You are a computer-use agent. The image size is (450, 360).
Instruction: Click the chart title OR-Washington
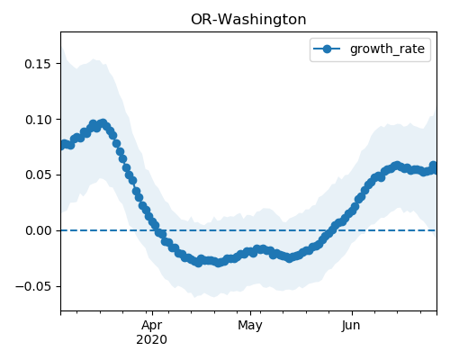[248, 20]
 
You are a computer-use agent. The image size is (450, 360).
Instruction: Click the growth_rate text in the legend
[387, 49]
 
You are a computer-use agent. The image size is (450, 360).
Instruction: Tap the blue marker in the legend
[327, 49]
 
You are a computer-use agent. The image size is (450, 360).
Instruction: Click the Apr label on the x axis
[152, 325]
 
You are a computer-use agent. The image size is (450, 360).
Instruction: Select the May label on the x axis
[250, 325]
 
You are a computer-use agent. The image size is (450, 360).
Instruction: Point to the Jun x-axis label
[351, 325]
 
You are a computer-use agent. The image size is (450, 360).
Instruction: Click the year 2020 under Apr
[152, 339]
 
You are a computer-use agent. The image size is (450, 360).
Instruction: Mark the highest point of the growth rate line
[103, 123]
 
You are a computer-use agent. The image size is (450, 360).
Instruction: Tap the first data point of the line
[62, 146]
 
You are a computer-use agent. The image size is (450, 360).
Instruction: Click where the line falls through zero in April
[157, 230]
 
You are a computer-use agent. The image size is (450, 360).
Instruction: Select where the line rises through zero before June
[330, 230]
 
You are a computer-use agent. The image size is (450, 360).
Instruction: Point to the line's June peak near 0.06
[397, 166]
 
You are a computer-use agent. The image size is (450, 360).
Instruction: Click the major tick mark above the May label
[250, 313]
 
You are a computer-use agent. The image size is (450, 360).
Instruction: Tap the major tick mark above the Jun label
[352, 313]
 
